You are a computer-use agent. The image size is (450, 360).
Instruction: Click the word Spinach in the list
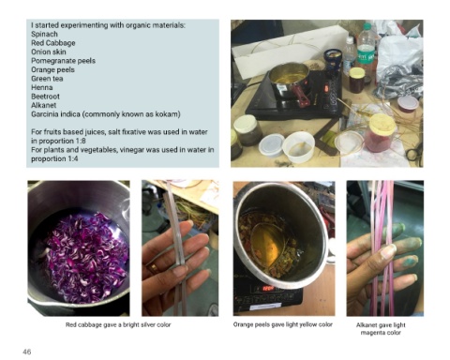(x=44, y=34)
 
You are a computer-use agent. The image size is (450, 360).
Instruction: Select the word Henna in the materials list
(x=42, y=87)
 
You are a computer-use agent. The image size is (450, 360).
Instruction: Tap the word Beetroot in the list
(x=45, y=97)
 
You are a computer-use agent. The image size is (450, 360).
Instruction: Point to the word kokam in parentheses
(x=167, y=114)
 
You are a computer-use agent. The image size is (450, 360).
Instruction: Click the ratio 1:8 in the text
(x=80, y=141)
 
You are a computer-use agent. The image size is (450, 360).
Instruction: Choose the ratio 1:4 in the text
(x=72, y=158)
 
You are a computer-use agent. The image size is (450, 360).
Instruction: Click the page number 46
(x=27, y=352)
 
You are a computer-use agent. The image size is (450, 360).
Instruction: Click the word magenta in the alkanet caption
(x=372, y=333)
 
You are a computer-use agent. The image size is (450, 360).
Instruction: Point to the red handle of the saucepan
(x=301, y=95)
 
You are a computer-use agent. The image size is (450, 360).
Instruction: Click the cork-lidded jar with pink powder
(x=381, y=133)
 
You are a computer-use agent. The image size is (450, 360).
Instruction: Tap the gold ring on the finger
(x=154, y=268)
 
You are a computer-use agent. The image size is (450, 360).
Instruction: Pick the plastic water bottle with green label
(x=366, y=50)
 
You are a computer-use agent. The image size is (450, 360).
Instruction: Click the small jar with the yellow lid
(x=356, y=80)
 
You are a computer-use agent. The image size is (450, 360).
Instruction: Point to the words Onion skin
(x=49, y=52)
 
